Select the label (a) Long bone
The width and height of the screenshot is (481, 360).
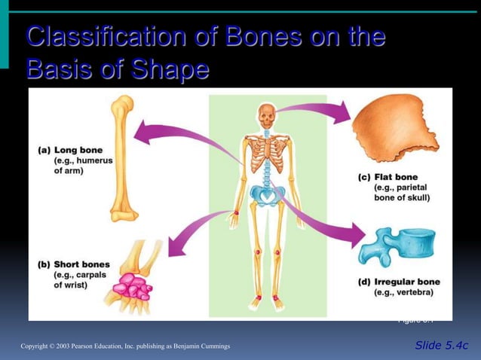click(x=70, y=150)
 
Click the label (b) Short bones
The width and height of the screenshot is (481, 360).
click(x=73, y=265)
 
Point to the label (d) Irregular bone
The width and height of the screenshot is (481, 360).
click(x=397, y=282)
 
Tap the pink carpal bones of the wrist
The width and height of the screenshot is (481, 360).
click(x=131, y=287)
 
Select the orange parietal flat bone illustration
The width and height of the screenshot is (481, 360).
click(x=395, y=129)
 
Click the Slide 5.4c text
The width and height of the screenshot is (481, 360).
click(x=441, y=345)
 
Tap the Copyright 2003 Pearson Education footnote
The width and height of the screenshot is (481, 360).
click(x=125, y=346)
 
